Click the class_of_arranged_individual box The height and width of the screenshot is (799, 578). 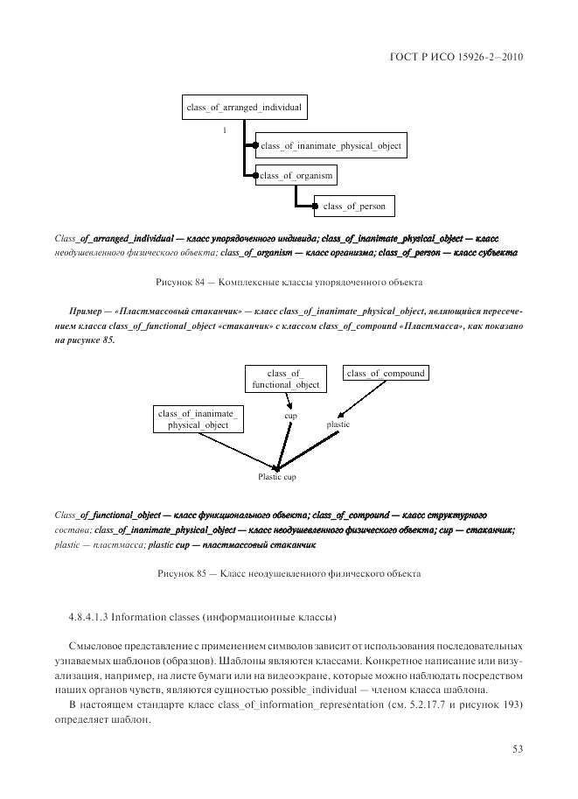coord(244,108)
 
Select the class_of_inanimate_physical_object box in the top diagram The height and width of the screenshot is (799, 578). coord(331,146)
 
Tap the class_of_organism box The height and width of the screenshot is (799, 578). coord(296,176)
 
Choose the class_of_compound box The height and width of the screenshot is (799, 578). coord(386,374)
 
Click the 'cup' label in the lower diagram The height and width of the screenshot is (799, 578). coord(290,416)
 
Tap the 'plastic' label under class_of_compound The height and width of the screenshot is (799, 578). coord(338,424)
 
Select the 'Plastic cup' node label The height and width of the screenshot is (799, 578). coord(276,477)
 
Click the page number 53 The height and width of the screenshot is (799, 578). coord(518,747)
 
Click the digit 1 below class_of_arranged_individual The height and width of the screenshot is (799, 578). coord(224,130)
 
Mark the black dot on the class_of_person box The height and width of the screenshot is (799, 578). coord(315,207)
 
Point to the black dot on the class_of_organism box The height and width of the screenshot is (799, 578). coord(255,176)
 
